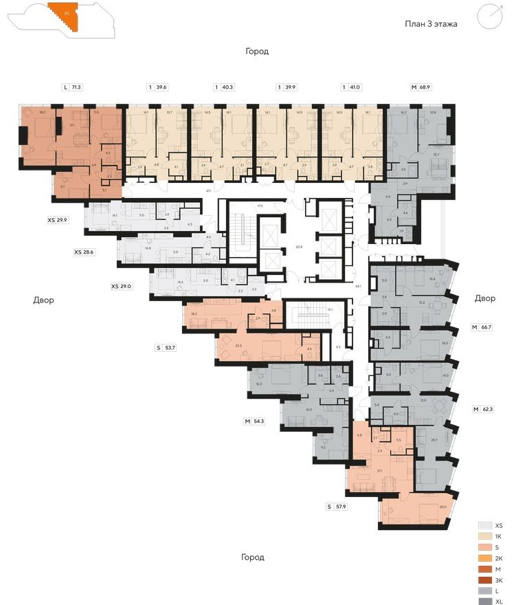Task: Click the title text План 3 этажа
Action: [x=431, y=24]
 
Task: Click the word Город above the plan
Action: [x=258, y=52]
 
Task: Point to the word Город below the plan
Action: [x=252, y=557]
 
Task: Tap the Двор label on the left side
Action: [x=43, y=300]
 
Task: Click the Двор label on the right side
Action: [x=484, y=298]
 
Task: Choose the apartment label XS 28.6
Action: [x=84, y=252]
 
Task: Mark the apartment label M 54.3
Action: [x=256, y=421]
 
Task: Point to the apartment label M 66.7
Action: [x=482, y=327]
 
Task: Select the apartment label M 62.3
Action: [x=484, y=410]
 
